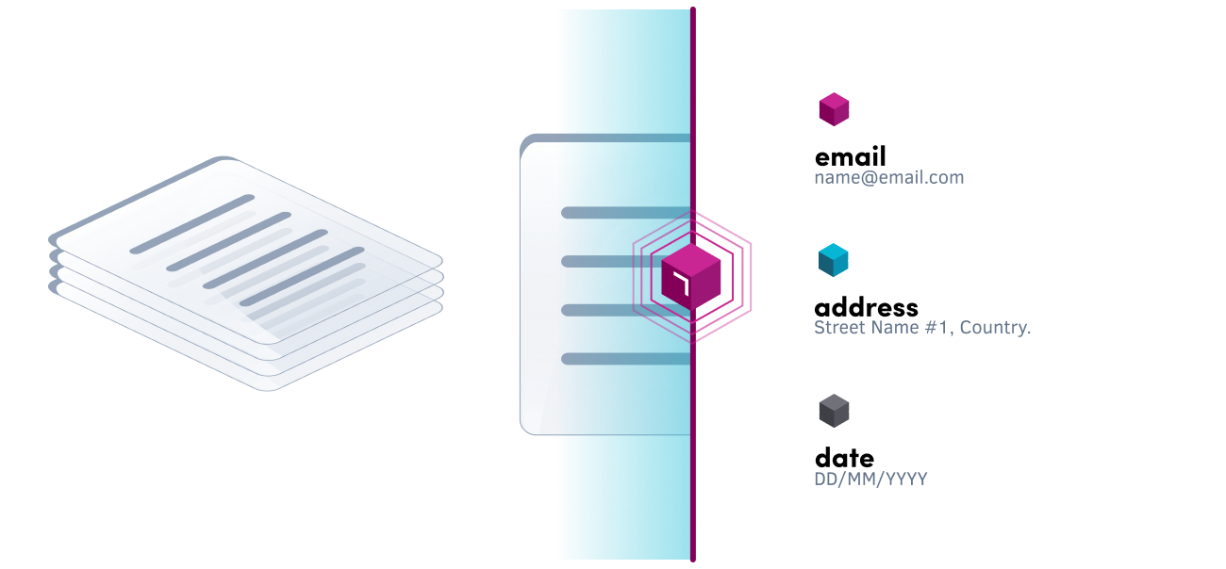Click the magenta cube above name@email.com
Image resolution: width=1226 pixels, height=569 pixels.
[834, 109]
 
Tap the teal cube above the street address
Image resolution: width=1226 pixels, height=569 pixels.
[834, 260]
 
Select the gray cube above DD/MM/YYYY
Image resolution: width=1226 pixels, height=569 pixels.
[834, 411]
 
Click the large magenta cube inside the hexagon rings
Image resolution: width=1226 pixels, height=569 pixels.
[691, 278]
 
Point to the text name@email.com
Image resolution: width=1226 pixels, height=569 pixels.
[888, 177]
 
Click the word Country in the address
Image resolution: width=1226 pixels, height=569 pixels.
[997, 328]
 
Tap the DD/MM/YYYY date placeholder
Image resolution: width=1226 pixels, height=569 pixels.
[870, 479]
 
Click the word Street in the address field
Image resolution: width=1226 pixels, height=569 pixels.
[839, 328]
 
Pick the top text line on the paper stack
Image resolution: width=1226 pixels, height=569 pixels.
[192, 223]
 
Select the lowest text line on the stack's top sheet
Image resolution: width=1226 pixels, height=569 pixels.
[302, 277]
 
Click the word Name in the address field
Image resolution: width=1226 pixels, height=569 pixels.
[892, 328]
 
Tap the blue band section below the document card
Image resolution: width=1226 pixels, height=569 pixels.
[622, 499]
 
